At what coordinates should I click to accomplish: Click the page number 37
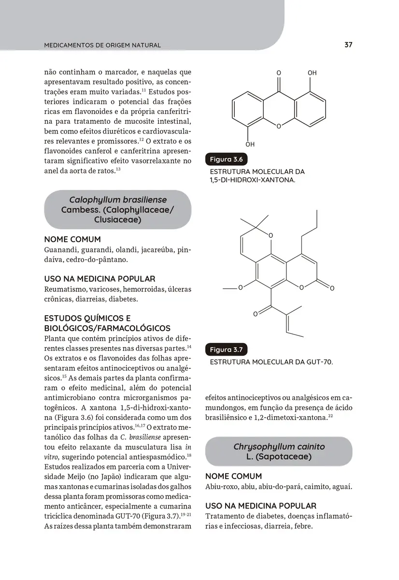(348, 45)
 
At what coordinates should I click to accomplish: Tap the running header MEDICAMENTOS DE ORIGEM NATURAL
(102, 45)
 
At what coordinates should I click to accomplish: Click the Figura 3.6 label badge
(227, 159)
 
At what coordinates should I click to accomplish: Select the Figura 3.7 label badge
(227, 349)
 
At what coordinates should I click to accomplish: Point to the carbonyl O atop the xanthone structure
(279, 73)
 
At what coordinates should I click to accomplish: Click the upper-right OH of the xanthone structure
(312, 73)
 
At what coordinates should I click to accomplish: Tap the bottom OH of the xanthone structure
(250, 144)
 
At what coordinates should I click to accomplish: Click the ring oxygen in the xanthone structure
(279, 126)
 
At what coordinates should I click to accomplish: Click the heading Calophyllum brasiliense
(118, 200)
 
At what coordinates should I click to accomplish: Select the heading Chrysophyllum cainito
(279, 446)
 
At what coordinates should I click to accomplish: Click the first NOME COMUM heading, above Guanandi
(72, 239)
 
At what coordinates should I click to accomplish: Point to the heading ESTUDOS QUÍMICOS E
(87, 319)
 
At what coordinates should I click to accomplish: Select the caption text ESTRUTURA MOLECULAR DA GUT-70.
(271, 362)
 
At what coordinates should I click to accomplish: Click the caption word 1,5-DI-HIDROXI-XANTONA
(252, 180)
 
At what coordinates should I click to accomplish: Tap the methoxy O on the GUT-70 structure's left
(240, 288)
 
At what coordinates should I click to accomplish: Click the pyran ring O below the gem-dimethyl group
(271, 236)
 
